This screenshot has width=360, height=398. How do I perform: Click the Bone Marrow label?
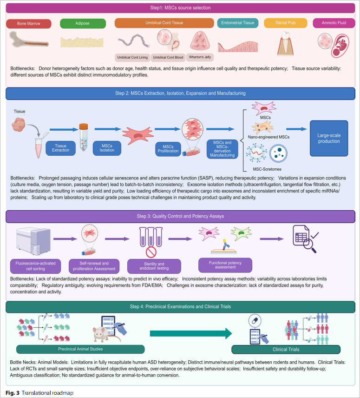coord(29,24)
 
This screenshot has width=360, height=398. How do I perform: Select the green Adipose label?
coord(83,23)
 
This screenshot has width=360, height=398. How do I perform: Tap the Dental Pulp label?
coord(286,23)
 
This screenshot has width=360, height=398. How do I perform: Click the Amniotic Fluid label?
coord(334,23)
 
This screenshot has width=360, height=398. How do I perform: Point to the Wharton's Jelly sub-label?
coord(200,57)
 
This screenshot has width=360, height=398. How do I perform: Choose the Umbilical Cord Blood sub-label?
coord(168,57)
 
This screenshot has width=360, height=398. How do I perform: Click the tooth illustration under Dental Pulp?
coord(286,43)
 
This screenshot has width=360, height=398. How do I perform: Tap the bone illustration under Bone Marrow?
coord(29,40)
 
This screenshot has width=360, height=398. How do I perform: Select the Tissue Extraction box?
coord(60,148)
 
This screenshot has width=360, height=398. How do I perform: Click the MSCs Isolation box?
coord(107,148)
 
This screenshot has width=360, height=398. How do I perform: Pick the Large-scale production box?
coord(329,139)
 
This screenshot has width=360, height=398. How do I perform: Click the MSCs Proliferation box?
coord(168,149)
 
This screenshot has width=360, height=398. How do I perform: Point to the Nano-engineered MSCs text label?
coord(268,137)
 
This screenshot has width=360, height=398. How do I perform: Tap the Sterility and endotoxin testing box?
coord(154,266)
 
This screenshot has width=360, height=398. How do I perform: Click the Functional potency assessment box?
coord(225,265)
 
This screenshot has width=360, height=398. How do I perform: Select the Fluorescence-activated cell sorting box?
coord(35,266)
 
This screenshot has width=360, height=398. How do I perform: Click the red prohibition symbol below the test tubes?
coord(151,252)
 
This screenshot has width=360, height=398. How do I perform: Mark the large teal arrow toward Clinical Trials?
coord(190,333)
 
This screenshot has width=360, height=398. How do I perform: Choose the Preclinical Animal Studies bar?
coord(80,349)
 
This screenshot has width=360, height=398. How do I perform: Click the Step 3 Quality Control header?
coord(180,217)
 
